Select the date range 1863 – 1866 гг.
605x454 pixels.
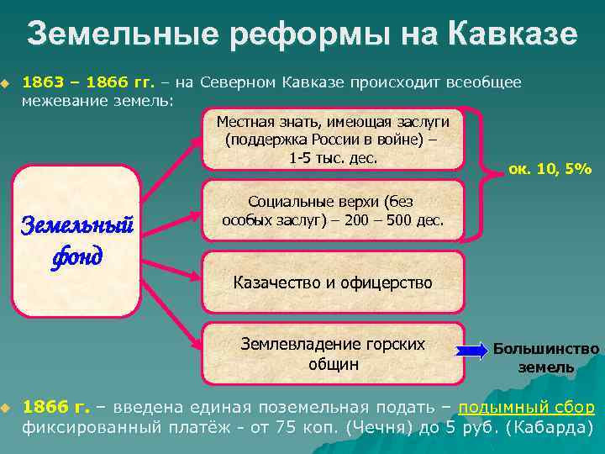point(88,82)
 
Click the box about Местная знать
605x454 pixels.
point(333,138)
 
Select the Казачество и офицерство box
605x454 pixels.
point(333,282)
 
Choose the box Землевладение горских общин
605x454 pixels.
point(333,353)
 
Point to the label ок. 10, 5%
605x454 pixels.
point(550,169)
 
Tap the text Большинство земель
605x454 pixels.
point(546,357)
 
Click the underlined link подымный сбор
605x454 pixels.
point(527,408)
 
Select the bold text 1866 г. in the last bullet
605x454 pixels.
point(55,408)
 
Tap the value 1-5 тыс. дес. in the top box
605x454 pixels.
point(333,157)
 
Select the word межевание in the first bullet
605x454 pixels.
point(63,100)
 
